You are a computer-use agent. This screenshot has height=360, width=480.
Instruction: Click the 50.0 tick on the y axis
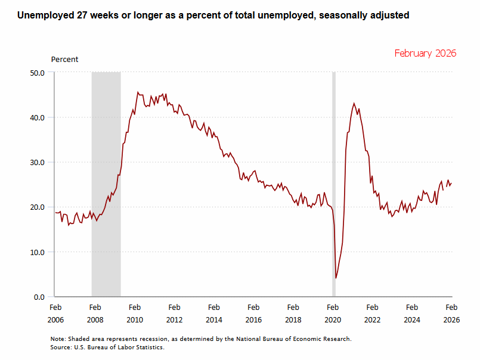[37, 73]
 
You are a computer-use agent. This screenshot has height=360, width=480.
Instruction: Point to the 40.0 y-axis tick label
[37, 117]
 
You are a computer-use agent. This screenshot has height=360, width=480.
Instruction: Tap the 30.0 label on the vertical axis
[37, 162]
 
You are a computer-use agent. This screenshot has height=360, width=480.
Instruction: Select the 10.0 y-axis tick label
[37, 252]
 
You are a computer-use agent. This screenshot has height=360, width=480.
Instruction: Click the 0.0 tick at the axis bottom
[39, 297]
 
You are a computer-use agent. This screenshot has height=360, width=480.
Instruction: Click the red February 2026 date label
[425, 53]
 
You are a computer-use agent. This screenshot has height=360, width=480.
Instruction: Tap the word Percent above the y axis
[64, 60]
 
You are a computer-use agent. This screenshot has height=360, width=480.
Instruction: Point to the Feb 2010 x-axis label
[134, 314]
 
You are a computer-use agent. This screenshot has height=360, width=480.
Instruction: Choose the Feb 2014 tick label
[213, 314]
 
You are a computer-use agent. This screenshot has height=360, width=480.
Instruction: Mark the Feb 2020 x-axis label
[333, 314]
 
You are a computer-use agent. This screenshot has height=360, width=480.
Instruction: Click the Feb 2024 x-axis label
[412, 314]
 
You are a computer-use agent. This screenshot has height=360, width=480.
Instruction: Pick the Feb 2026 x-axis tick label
[451, 314]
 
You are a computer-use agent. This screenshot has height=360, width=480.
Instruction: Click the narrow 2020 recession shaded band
[334, 179]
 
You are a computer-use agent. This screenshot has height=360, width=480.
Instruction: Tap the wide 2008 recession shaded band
[106, 179]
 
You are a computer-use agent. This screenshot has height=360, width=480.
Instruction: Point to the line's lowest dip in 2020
[336, 278]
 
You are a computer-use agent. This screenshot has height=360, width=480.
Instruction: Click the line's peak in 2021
[354, 103]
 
